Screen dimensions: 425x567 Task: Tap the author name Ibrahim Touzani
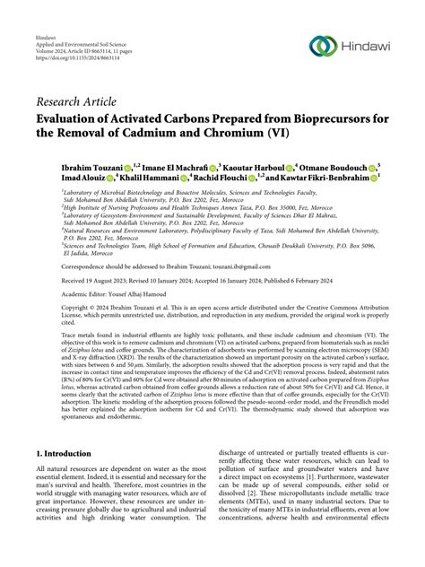point(91,168)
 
